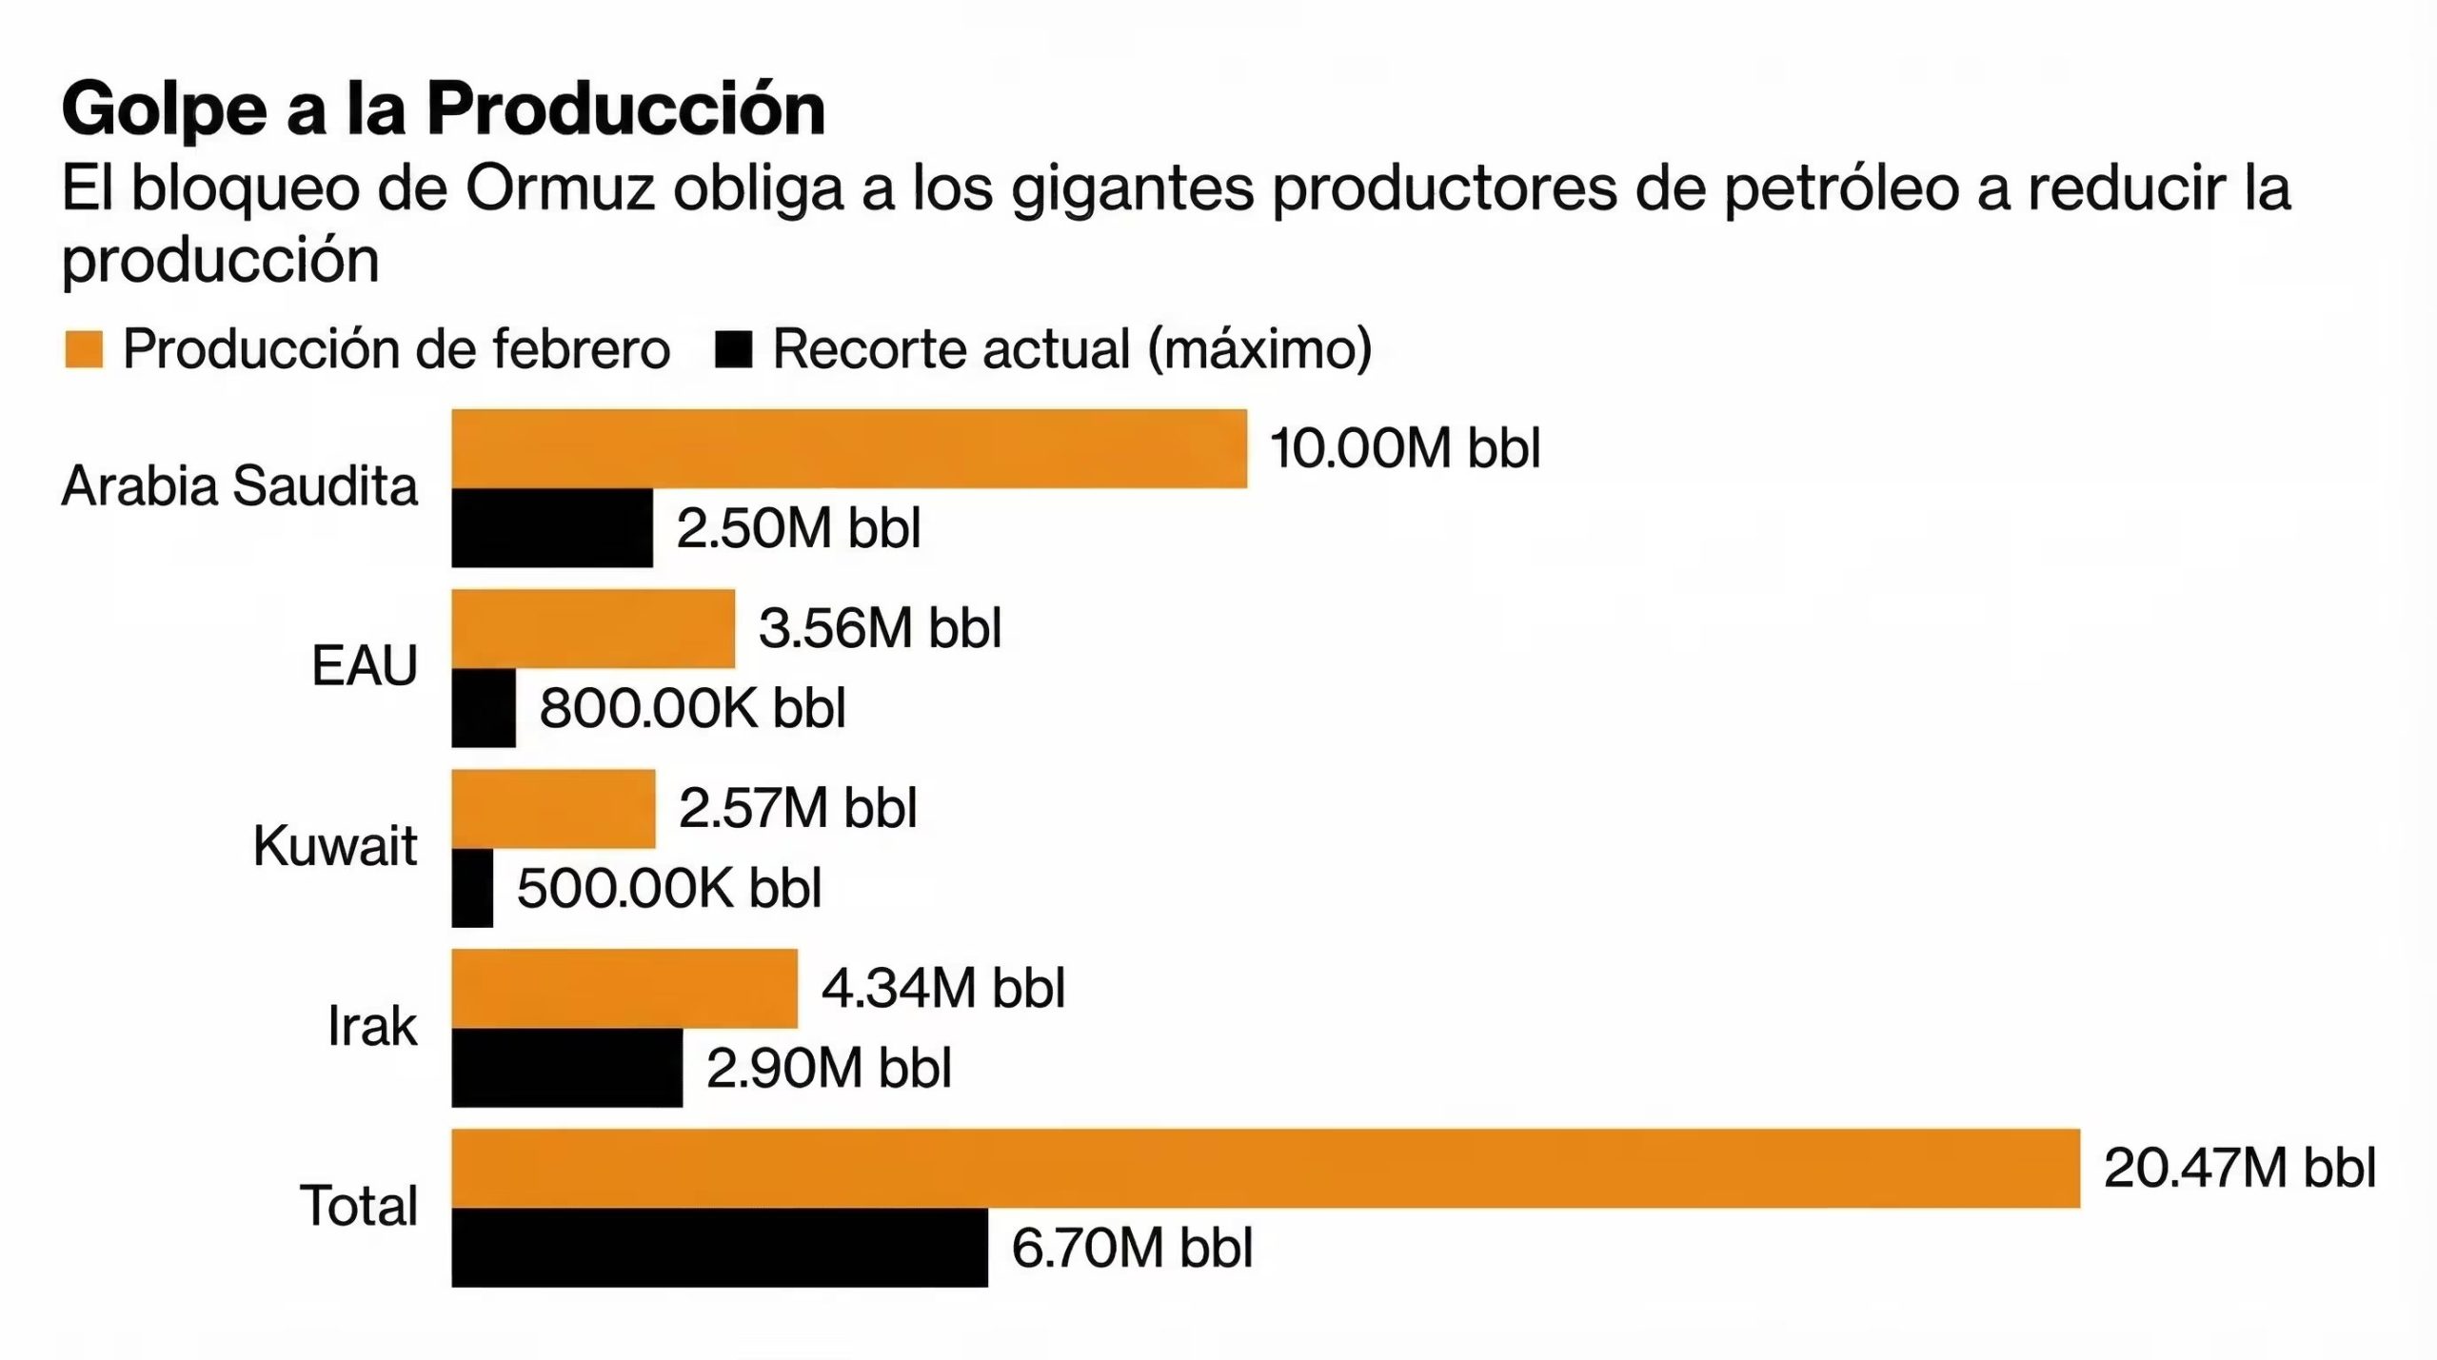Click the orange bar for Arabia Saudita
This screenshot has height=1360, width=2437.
tap(848, 448)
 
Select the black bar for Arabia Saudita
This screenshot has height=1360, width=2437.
tap(552, 528)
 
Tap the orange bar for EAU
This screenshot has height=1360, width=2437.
tap(592, 628)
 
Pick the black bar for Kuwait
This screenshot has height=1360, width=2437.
tap(472, 888)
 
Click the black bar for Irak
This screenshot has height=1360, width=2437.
tap(566, 1068)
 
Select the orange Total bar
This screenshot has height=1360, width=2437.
tap(1265, 1168)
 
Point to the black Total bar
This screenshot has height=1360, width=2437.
tap(719, 1248)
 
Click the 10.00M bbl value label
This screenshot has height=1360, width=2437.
tap(1405, 448)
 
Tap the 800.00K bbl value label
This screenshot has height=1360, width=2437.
tap(692, 708)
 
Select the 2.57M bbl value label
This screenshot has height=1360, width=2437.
tap(798, 808)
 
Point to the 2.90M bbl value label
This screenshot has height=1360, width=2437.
tap(828, 1068)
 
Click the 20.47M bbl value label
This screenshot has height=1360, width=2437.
tap(2239, 1168)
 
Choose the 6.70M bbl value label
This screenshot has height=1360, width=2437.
tap(1132, 1248)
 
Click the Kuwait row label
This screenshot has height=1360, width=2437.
tap(335, 846)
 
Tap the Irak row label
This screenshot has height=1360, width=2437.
tap(372, 1026)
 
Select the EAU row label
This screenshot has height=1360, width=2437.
tap(365, 665)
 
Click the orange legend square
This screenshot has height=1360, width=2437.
tap(84, 349)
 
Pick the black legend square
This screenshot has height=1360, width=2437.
tap(733, 349)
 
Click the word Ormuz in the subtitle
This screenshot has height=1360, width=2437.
tap(560, 188)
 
